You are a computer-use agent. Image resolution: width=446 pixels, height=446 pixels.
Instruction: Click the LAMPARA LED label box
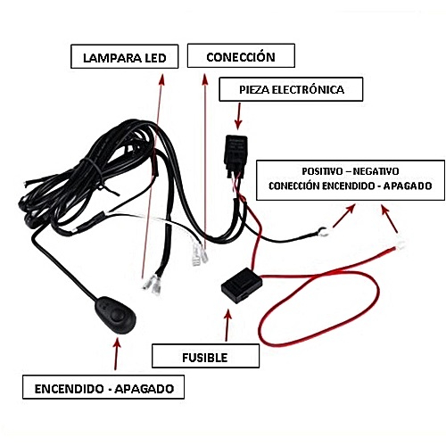point(125,56)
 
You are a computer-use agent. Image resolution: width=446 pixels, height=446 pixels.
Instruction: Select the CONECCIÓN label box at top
point(241,55)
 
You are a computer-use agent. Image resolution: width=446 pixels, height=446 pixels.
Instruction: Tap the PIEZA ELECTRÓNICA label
point(291,89)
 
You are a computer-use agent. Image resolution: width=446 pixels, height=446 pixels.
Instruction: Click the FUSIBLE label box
point(205,356)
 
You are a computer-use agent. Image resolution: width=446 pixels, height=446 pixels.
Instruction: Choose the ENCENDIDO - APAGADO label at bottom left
point(103,387)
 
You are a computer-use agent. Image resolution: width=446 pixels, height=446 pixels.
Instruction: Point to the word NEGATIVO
point(376,171)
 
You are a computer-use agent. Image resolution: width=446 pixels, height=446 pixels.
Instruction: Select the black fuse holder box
point(242,285)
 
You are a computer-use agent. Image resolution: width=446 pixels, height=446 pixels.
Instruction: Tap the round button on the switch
point(118,317)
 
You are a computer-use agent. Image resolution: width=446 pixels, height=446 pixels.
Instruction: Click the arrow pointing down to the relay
point(238,116)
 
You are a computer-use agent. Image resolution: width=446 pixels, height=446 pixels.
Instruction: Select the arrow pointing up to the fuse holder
point(227,326)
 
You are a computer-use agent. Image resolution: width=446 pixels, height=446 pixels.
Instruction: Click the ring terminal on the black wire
point(323,231)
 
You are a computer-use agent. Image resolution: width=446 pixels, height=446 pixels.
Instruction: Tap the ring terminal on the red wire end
point(401,244)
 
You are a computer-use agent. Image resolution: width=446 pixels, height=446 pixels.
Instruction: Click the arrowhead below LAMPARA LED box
point(161,79)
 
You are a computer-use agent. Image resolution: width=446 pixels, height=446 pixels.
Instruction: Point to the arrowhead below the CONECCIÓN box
point(205,79)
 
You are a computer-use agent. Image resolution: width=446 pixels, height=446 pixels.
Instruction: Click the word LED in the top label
point(155,58)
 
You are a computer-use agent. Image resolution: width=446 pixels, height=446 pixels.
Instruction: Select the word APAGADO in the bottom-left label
point(145,389)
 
